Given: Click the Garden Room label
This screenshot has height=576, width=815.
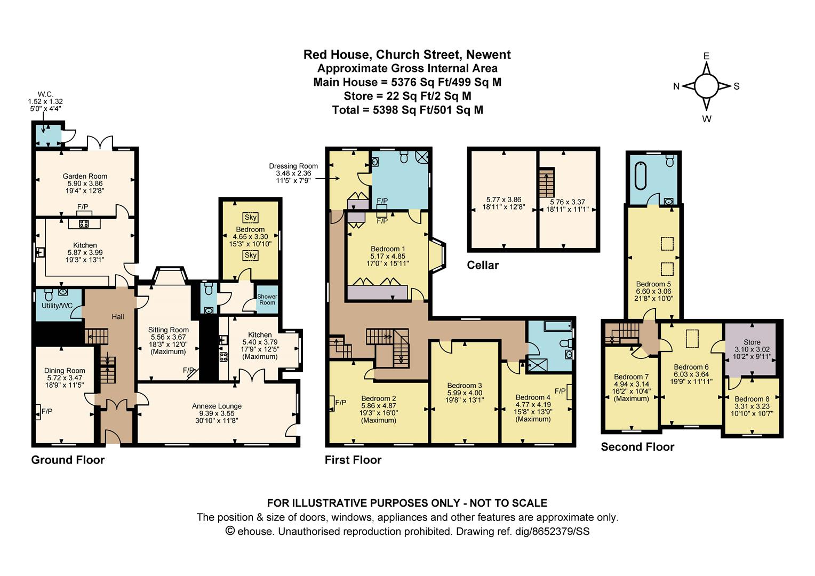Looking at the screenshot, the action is pos(85,177).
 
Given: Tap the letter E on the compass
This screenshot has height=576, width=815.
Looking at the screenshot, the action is pos(706,56).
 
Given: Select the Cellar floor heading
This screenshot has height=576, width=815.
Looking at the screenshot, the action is pos(483,265).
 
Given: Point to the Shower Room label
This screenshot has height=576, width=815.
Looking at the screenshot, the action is pos(267,299).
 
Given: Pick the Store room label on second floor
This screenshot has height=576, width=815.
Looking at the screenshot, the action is pos(752,342).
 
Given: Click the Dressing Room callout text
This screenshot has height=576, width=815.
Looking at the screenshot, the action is pos(293,166).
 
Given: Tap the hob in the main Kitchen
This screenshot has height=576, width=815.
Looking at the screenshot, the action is pos(84,223).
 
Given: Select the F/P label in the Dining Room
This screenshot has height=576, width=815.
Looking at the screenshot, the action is pos(47,412).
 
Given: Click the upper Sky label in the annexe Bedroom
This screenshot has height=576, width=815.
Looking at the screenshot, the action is pos(250,218).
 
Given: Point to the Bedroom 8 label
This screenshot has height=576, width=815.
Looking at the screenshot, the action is pos(752,399).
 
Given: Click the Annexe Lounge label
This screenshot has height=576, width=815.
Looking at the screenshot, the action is pos(217,406).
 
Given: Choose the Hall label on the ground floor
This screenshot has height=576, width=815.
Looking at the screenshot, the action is pos(117,317).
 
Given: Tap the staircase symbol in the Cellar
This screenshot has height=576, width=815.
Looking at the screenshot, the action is pos(547,182).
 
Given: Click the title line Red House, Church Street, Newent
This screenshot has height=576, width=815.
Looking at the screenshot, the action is pos(407,54).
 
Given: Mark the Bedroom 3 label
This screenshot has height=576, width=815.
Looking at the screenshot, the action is pos(465,386).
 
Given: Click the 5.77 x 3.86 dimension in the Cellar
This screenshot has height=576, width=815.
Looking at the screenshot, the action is pos(504,200).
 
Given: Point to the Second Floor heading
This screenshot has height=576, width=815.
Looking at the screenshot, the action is pos(637,447).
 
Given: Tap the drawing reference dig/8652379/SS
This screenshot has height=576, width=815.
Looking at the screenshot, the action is pos(552,532).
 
